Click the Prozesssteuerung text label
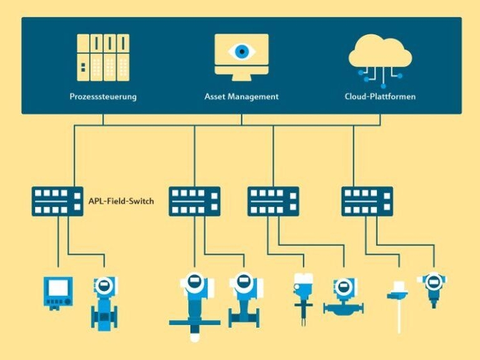(x=103, y=97)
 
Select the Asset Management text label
(x=242, y=97)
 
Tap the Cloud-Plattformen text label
(x=380, y=97)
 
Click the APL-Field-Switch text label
(x=122, y=202)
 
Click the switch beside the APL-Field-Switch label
(x=57, y=201)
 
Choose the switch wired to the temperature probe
(x=367, y=201)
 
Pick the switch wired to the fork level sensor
(x=273, y=201)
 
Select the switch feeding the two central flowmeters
(x=194, y=201)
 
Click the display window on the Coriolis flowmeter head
(x=343, y=287)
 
